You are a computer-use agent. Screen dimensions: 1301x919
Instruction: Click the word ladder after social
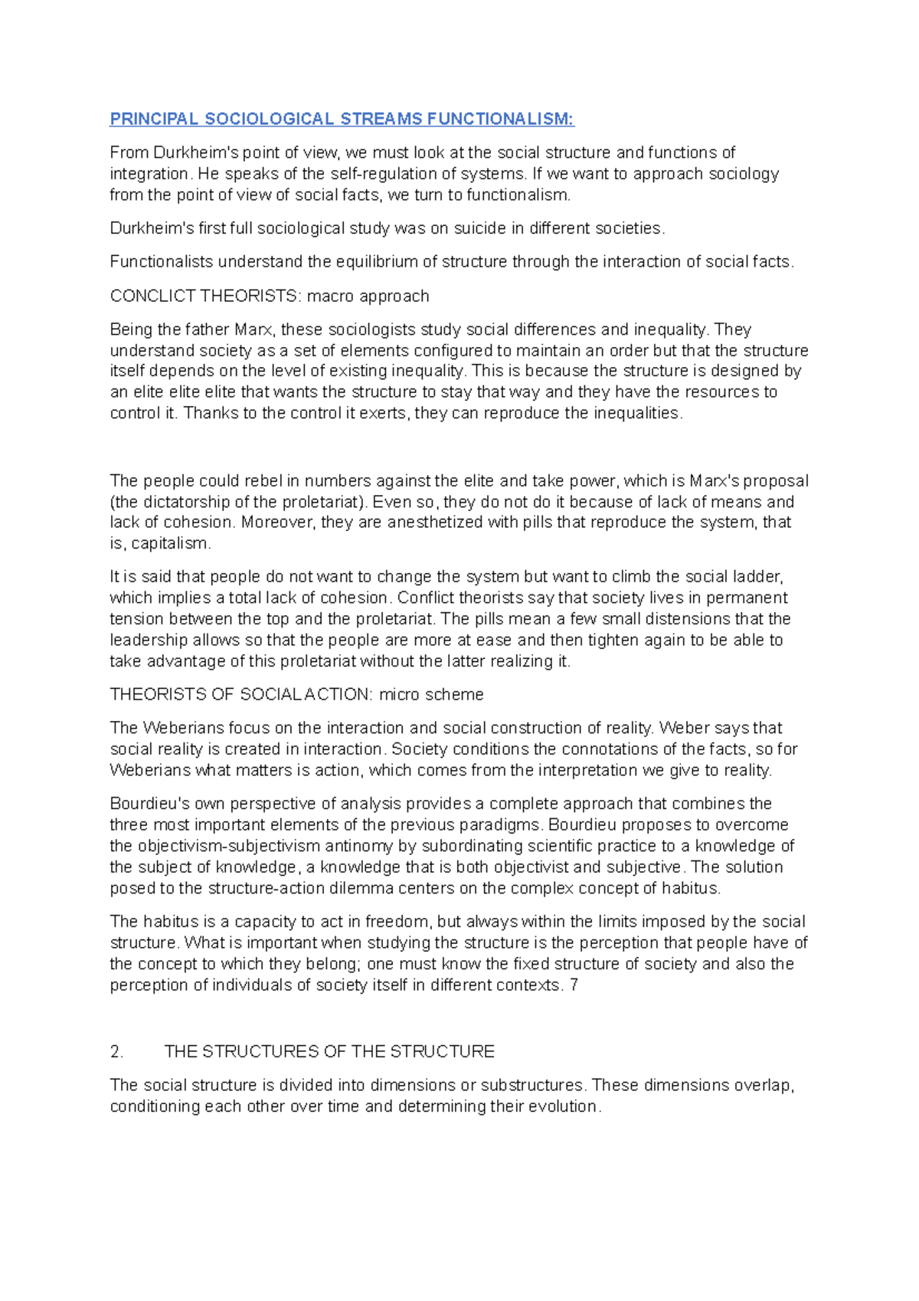pyautogui.click(x=754, y=577)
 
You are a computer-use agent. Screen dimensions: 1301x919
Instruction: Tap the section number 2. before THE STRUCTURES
pyautogui.click(x=116, y=1052)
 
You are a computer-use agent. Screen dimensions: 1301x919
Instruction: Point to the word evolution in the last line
pyautogui.click(x=564, y=1107)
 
